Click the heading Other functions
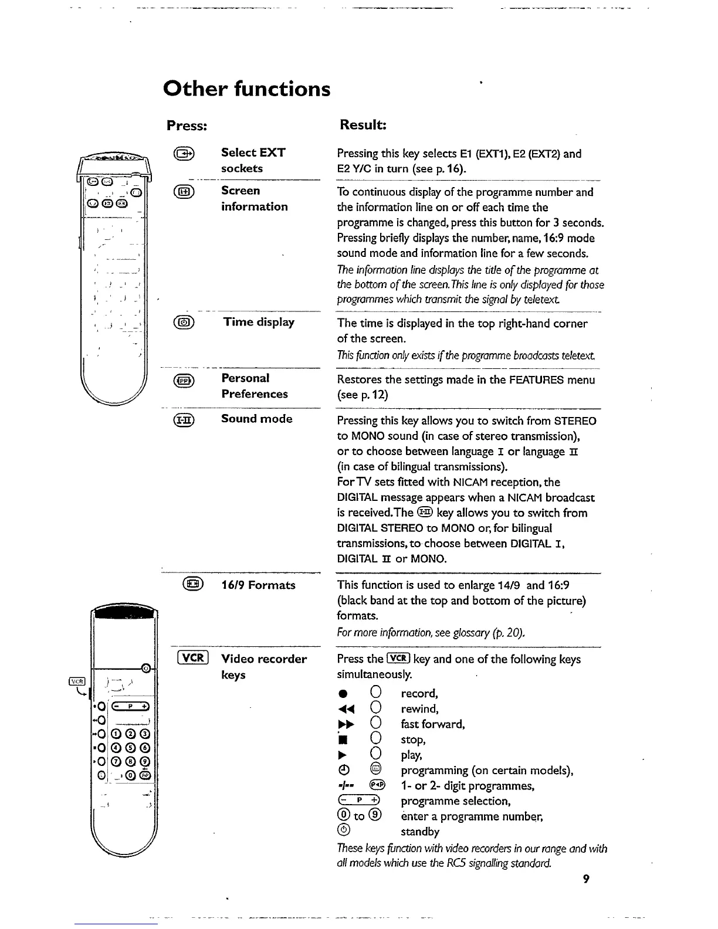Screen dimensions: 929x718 [246, 89]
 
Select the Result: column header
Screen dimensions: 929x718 [362, 126]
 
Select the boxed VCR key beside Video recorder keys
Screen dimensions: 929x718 [192, 658]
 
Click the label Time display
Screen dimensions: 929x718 [259, 322]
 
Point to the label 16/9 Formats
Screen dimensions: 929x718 [258, 585]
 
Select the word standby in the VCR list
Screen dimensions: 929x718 [420, 832]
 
